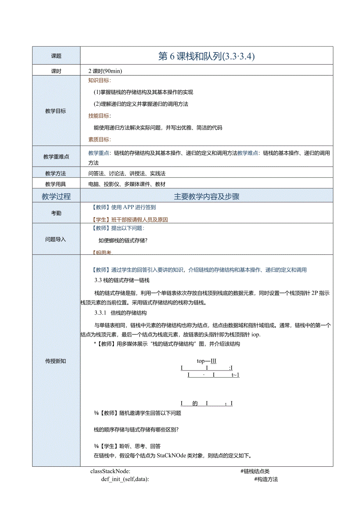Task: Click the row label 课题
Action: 56,56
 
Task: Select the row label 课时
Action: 56,71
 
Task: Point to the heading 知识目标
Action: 99,81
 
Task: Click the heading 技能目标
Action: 99,116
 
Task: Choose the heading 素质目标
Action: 99,139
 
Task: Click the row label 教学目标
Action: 56,111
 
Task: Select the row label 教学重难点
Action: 56,157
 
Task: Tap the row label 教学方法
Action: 56,173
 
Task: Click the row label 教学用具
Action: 56,184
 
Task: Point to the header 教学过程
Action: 56,196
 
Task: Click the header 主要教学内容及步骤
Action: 206,196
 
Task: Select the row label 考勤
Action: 56,213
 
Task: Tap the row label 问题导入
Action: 56,239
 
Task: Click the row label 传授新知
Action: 56,361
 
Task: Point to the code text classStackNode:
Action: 110,471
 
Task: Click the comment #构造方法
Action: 266,479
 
